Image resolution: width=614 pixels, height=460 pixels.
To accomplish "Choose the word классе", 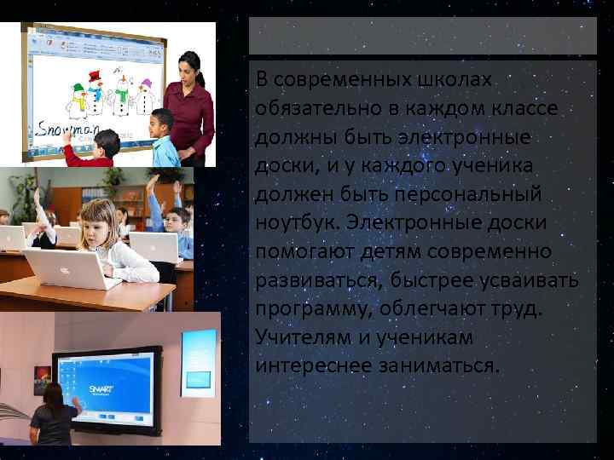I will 524,109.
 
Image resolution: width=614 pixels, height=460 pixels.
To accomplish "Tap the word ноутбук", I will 295,223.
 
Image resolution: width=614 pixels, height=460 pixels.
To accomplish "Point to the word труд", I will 516,309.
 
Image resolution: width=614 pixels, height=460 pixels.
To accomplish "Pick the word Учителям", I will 303,338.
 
